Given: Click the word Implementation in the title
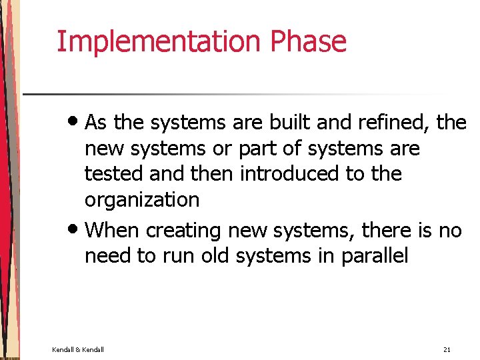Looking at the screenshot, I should pyautogui.click(x=159, y=41).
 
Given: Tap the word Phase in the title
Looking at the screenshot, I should pyautogui.click(x=308, y=41).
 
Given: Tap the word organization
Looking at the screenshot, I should pyautogui.click(x=141, y=199).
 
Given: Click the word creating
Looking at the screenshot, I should pyautogui.click(x=183, y=231).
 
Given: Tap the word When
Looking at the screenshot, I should pyautogui.click(x=113, y=231).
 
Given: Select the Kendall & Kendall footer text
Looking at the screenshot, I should pyautogui.click(x=77, y=349).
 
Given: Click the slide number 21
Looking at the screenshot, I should pyautogui.click(x=446, y=349).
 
